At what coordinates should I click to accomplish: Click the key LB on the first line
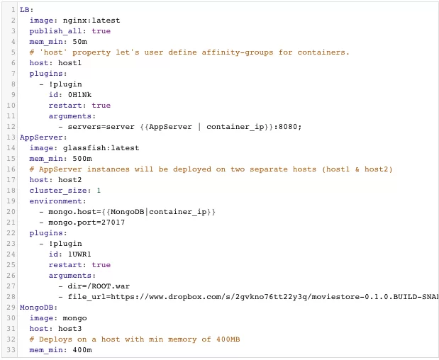25,10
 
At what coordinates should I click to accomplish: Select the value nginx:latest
91,21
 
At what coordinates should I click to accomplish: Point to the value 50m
80,42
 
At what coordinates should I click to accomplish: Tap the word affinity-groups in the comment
238,52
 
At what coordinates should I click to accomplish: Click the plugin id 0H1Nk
80,95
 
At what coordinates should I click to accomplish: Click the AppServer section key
41,137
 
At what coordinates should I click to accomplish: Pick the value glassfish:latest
101,148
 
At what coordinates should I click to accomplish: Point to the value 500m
82,159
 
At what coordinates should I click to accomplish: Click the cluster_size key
58,191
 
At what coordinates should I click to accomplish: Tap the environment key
55,201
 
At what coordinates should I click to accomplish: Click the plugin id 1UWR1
80,254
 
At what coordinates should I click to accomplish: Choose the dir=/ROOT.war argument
99,286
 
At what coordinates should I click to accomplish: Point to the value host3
70,329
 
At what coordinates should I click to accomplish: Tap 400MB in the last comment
228,339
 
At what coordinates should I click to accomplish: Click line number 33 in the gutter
11,350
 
